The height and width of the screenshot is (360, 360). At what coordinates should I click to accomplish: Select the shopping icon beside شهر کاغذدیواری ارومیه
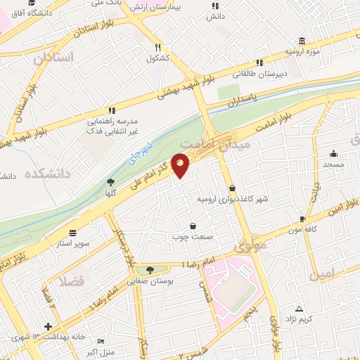pyautogui.click(x=233, y=188)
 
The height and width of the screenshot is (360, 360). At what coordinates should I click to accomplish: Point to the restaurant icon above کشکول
pyautogui.click(x=158, y=47)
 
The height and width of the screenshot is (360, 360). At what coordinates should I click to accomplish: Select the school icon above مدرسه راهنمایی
pyautogui.click(x=111, y=110)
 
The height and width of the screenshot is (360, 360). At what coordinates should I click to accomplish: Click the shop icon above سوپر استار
pyautogui.click(x=73, y=233)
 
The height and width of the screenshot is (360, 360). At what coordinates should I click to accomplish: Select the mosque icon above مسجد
pyautogui.click(x=333, y=154)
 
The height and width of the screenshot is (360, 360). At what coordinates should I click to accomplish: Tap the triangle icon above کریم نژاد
pyautogui.click(x=300, y=309)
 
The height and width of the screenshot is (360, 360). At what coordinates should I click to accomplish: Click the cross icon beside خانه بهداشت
pyautogui.click(x=48, y=326)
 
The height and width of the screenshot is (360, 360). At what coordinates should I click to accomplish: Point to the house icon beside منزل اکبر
pyautogui.click(x=72, y=351)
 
